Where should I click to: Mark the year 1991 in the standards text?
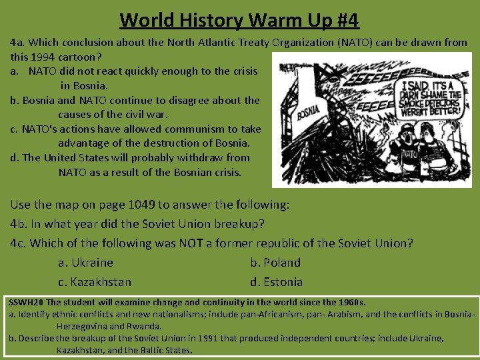tap(188, 338)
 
